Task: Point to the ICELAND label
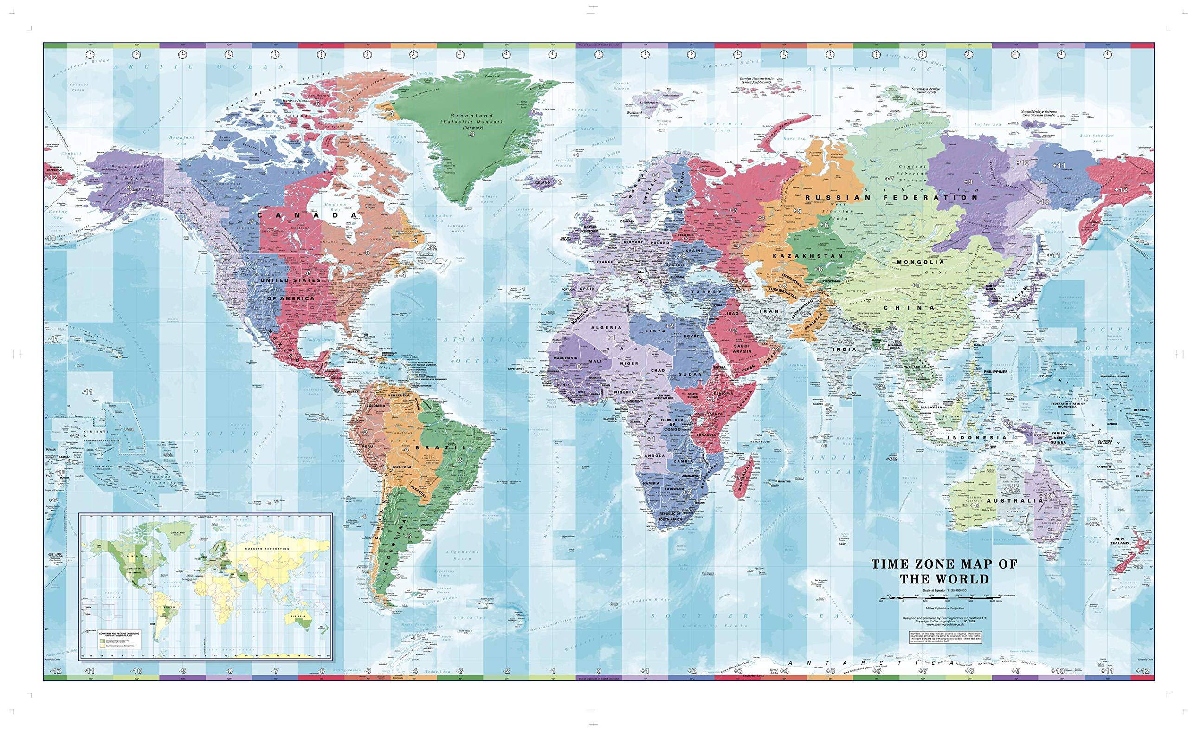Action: point(543,182)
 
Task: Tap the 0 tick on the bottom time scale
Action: point(599,671)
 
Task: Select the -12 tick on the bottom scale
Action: point(57,671)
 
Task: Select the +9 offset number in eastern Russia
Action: point(967,181)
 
